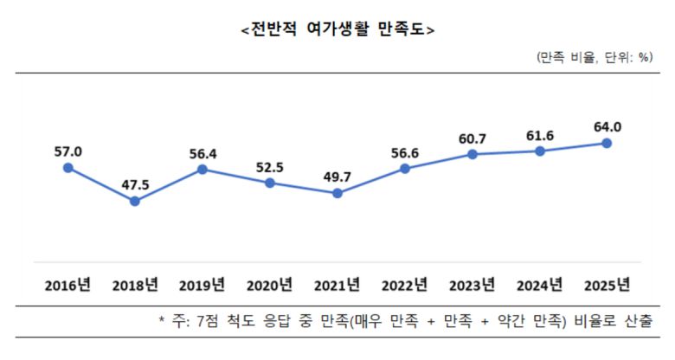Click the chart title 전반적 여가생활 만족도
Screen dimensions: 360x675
337,29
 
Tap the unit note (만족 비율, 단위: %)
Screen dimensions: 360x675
595,57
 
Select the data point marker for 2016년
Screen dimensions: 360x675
67,168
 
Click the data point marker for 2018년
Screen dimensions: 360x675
135,201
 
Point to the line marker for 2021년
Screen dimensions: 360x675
337,193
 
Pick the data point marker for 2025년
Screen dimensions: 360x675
607,143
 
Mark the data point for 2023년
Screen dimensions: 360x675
472,154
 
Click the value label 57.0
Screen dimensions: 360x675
67,151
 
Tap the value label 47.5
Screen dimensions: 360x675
135,183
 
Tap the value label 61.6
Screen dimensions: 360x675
540,135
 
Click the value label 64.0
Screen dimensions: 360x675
607,126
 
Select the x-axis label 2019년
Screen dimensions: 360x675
202,285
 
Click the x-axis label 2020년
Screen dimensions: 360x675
270,285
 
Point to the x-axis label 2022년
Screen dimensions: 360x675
404,285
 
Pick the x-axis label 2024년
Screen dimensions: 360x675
539,285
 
